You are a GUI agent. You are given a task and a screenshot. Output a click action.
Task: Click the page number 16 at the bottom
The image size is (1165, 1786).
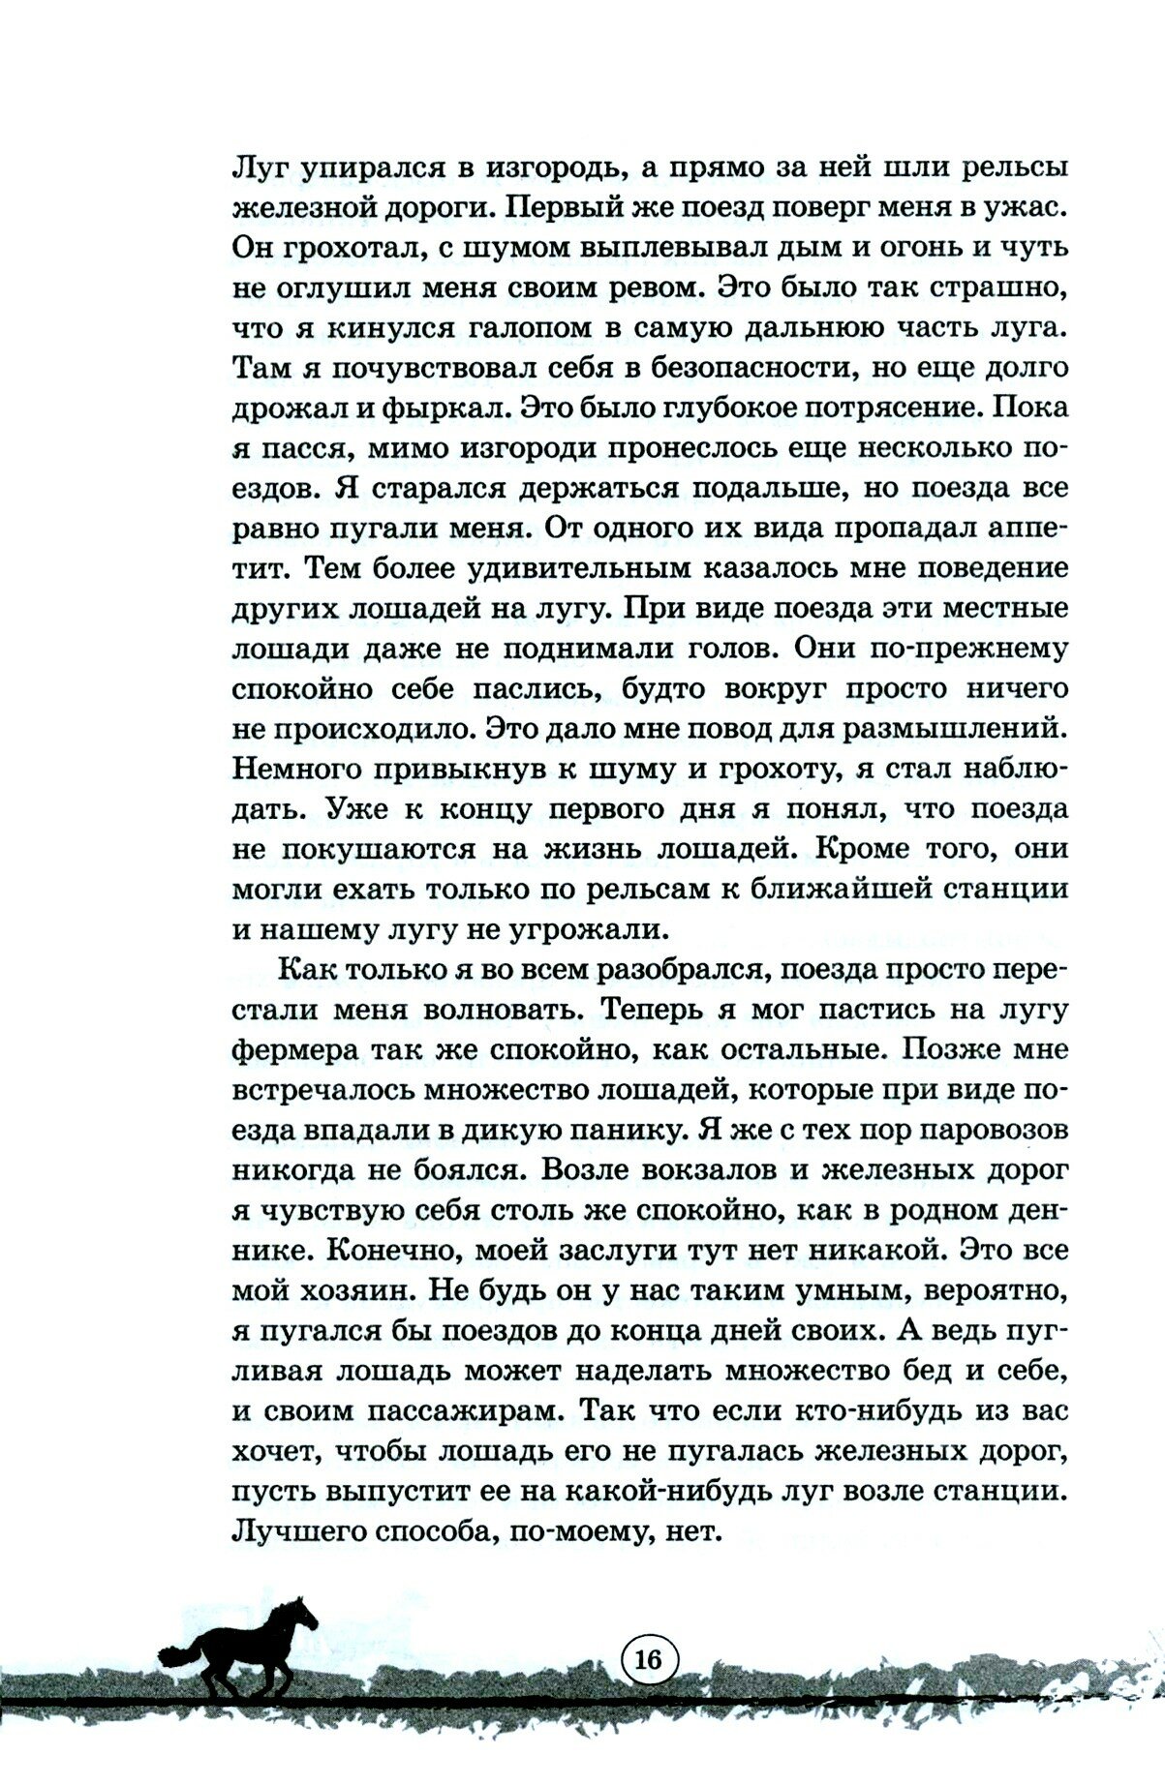tap(648, 1659)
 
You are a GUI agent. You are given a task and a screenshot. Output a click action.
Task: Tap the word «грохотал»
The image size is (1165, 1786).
tap(353, 249)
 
